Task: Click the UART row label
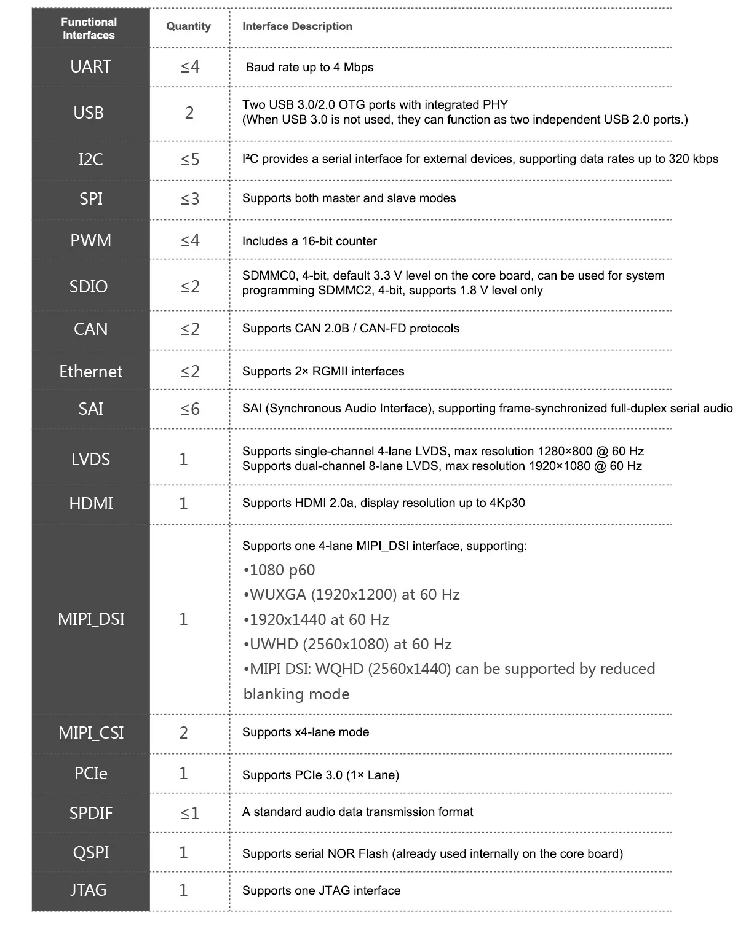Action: click(90, 66)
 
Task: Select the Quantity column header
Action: click(188, 26)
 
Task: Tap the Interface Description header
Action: click(297, 26)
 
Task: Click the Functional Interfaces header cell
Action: click(89, 28)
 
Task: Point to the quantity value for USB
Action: click(189, 112)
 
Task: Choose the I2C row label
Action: click(90, 159)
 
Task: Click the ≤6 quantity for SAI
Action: click(190, 409)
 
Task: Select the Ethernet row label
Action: click(90, 371)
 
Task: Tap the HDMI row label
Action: click(91, 503)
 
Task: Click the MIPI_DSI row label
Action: click(91, 619)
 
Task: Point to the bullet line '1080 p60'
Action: click(279, 570)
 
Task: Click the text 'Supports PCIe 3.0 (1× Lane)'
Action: click(320, 775)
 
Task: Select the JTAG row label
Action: click(89, 890)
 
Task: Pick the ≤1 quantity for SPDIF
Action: click(190, 813)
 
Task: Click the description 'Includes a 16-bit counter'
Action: click(309, 241)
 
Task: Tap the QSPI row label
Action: click(90, 852)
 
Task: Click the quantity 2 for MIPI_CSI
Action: click(183, 732)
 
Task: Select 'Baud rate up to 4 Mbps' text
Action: click(309, 67)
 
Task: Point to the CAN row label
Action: click(90, 329)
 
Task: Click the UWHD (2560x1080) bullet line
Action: click(347, 644)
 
